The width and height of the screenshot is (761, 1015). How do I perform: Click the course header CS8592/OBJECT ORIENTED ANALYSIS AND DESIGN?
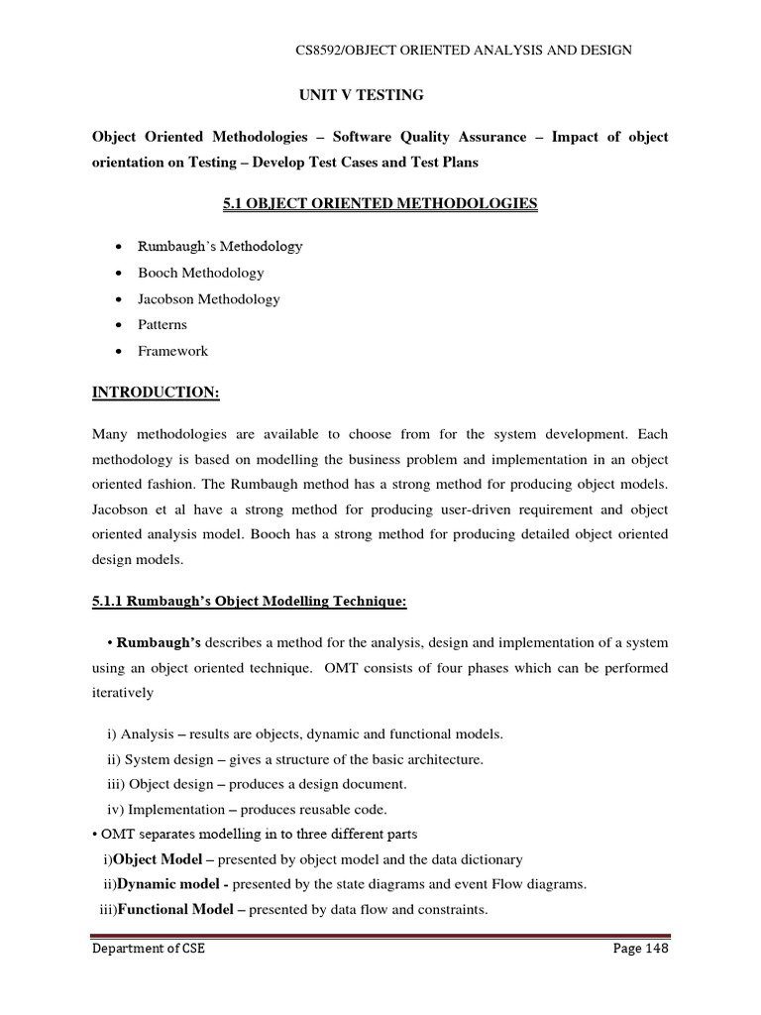pyautogui.click(x=464, y=51)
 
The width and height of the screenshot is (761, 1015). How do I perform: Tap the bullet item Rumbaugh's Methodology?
pyautogui.click(x=220, y=246)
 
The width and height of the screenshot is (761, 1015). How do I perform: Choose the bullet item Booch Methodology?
pyautogui.click(x=201, y=273)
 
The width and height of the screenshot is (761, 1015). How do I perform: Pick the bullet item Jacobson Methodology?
pyautogui.click(x=209, y=298)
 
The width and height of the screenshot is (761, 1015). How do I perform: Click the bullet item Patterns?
pyautogui.click(x=163, y=324)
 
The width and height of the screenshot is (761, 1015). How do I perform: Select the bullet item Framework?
pyautogui.click(x=172, y=351)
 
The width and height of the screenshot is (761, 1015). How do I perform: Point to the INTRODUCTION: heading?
pyautogui.click(x=156, y=393)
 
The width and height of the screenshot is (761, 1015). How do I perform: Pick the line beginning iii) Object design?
pyautogui.click(x=257, y=784)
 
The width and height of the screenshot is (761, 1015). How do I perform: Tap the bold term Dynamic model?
pyautogui.click(x=166, y=883)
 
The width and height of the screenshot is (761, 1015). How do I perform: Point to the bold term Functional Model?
pyautogui.click(x=175, y=908)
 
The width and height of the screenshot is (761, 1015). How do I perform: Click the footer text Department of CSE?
pyautogui.click(x=149, y=949)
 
